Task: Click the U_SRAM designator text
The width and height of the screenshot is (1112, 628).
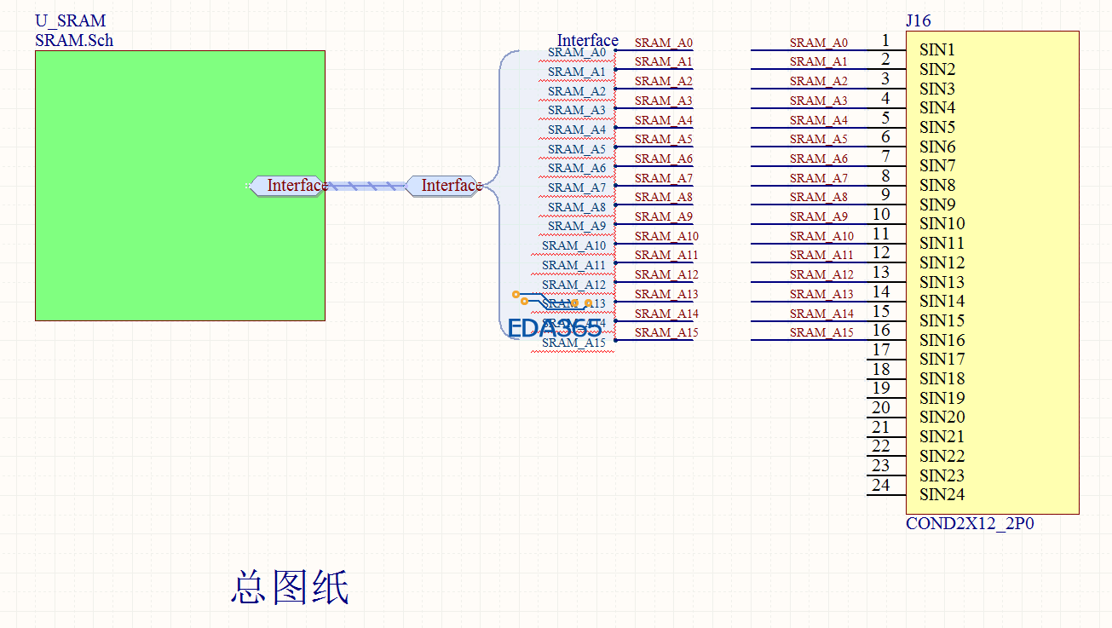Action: [71, 21]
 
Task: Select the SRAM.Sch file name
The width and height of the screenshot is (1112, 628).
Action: [74, 40]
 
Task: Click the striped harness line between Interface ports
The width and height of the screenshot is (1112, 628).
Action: [366, 186]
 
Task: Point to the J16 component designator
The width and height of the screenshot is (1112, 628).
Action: [919, 21]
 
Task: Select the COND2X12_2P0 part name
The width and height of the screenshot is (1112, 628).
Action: [970, 524]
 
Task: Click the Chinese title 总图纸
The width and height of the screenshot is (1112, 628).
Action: [290, 588]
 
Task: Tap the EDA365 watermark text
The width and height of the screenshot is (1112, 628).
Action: [554, 328]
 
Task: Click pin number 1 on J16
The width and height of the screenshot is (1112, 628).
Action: [885, 40]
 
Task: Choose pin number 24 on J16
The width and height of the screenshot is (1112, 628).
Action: [881, 485]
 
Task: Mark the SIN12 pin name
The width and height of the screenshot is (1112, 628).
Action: [942, 262]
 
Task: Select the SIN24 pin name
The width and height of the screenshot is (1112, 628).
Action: [942, 494]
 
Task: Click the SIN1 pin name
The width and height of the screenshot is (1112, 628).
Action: [937, 50]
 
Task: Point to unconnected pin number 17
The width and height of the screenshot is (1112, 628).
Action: [881, 349]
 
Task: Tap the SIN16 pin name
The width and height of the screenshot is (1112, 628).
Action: [942, 340]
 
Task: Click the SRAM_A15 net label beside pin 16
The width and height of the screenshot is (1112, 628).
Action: [821, 332]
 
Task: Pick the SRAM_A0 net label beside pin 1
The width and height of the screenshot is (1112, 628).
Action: [818, 43]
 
